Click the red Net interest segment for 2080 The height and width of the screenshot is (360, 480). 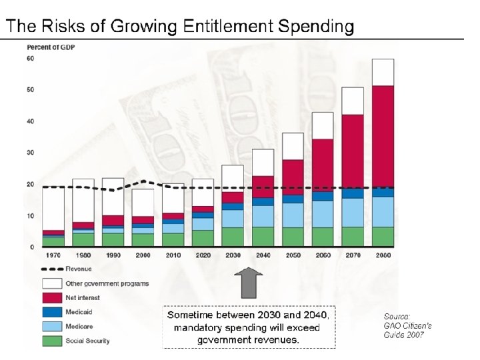tap(383, 136)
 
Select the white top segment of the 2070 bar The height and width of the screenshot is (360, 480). tap(352, 101)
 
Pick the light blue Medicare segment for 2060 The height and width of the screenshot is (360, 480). tap(322, 213)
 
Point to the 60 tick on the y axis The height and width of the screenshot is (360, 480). tap(30, 59)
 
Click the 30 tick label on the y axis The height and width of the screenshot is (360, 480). tap(30, 153)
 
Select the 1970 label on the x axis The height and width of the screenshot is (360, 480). tap(53, 255)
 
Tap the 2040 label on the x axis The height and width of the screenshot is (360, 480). tap(262, 255)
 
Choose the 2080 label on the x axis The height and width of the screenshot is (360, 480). tap(383, 255)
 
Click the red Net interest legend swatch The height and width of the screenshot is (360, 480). tap(53, 297)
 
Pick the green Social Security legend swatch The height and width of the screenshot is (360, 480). tap(53, 340)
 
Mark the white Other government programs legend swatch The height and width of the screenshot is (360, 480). tap(53, 283)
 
